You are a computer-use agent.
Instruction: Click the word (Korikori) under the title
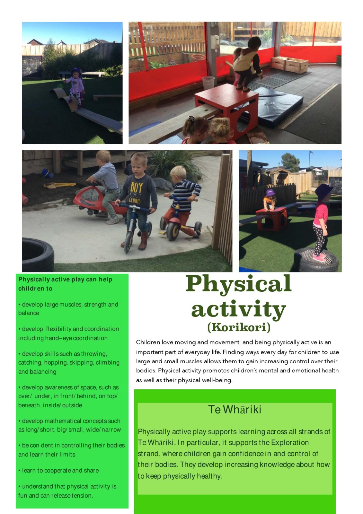tap(239, 327)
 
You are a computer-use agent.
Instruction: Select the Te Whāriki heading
tap(235, 409)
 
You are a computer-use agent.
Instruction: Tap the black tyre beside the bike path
tap(38, 255)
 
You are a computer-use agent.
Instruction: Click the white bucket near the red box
tap(208, 83)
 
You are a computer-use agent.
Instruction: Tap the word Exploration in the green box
tap(289, 442)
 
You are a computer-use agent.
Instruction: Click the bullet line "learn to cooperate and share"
tap(58, 470)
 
